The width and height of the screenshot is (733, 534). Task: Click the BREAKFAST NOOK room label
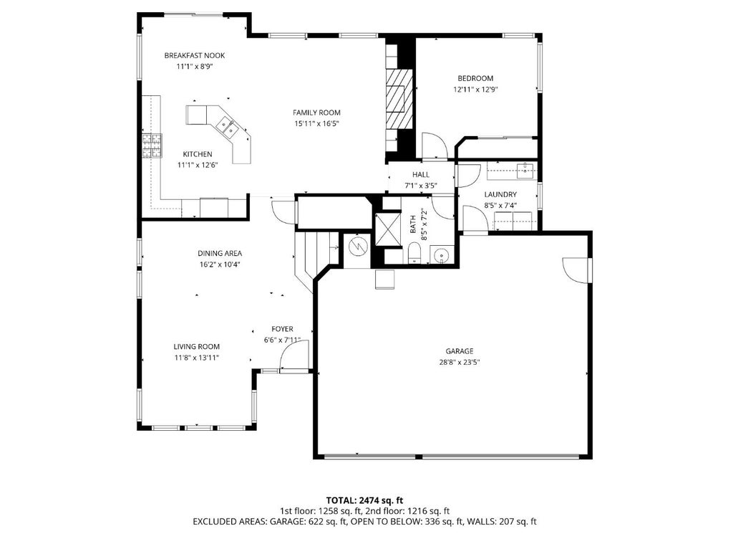click(195, 55)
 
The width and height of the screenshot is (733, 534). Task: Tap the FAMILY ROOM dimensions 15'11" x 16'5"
click(316, 124)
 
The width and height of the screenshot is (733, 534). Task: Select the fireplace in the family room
click(399, 99)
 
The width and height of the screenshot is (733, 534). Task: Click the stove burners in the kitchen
click(152, 146)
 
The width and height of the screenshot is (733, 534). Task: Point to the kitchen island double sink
click(228, 126)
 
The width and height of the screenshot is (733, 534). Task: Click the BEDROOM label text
click(475, 78)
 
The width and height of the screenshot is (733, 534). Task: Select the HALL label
click(421, 175)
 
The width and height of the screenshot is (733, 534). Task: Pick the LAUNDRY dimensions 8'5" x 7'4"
click(500, 205)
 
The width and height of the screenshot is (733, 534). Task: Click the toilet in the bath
click(414, 253)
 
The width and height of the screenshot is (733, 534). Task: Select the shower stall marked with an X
click(389, 229)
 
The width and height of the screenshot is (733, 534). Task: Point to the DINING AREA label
click(220, 253)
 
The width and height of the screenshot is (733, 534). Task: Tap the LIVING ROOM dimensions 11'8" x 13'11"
click(197, 358)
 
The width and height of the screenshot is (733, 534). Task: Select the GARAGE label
click(460, 351)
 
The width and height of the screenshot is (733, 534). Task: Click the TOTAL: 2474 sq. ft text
click(364, 500)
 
